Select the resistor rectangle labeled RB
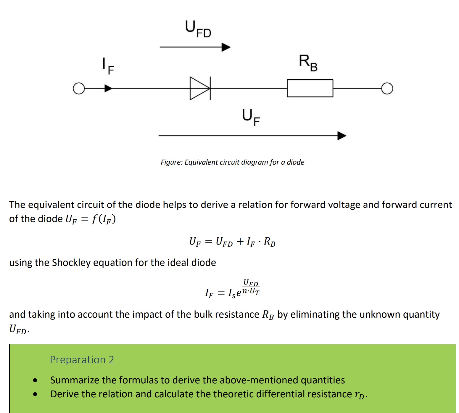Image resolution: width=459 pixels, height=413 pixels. (x=310, y=88)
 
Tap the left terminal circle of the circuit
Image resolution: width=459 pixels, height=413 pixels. (x=78, y=89)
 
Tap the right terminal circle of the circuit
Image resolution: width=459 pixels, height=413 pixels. (x=387, y=89)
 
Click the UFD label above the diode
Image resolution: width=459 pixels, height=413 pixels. (x=198, y=29)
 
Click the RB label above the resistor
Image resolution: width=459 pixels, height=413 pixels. (x=308, y=63)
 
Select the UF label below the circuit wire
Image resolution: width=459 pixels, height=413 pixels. (x=251, y=117)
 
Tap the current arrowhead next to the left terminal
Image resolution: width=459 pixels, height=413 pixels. (x=108, y=88)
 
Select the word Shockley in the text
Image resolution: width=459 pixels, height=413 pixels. (x=71, y=263)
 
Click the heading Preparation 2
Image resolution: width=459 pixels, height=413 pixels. (x=82, y=359)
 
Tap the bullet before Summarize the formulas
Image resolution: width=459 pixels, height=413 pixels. (x=36, y=380)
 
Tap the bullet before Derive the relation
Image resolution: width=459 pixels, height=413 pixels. (x=36, y=394)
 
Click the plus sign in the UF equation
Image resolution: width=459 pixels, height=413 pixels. (x=240, y=241)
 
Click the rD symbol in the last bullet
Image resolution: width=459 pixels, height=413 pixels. (x=360, y=395)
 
